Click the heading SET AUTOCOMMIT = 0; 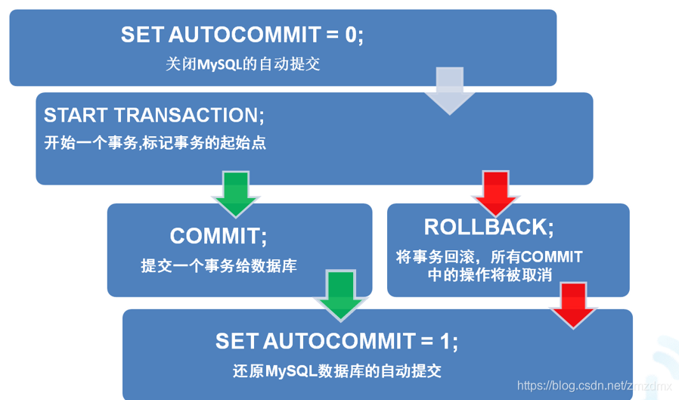pos(242,35)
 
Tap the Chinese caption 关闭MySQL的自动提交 pos(243,64)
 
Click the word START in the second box pos(76,115)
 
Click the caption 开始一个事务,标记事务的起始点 pos(155,142)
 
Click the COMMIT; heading pos(219,236)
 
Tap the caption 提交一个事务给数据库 pos(219,265)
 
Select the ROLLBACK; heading pos(488,226)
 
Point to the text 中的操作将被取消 pos(490,274)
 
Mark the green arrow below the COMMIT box pos(339,295)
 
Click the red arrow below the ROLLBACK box pos(573,305)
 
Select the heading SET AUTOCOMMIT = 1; pos(336,341)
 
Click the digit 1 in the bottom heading pos(447,341)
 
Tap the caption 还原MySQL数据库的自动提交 pos(337,371)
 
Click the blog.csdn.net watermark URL pos(594,386)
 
